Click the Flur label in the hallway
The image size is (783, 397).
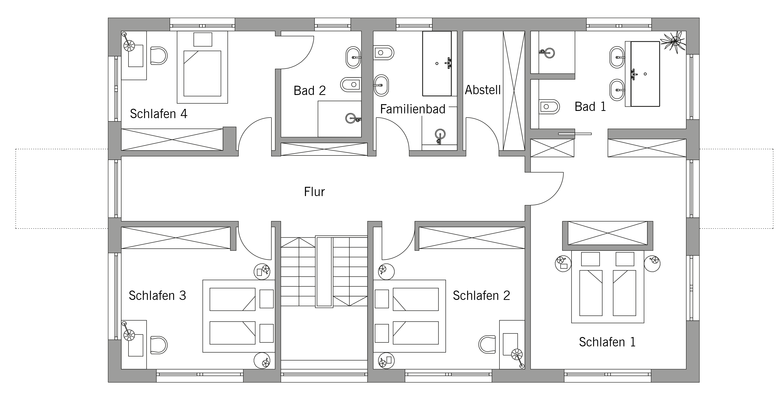point(314,192)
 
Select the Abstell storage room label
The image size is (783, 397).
point(483,90)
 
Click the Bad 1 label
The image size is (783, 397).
point(590,107)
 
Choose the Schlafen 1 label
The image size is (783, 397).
point(607,342)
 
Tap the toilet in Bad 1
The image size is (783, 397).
point(549,107)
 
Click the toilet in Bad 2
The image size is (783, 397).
point(351,84)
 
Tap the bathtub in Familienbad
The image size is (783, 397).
point(437,64)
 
